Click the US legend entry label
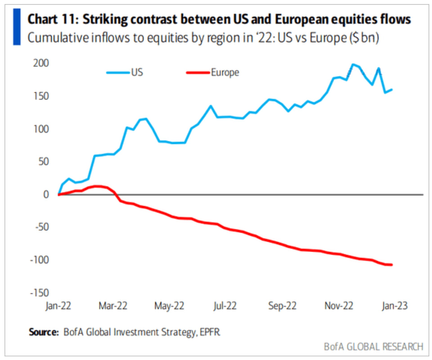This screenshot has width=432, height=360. click(137, 72)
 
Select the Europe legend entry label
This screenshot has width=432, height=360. click(225, 72)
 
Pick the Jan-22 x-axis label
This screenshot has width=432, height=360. click(58, 306)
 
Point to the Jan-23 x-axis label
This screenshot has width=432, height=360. click(395, 306)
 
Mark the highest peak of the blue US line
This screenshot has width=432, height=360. click(352, 64)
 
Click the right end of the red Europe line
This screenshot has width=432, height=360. click(391, 265)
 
